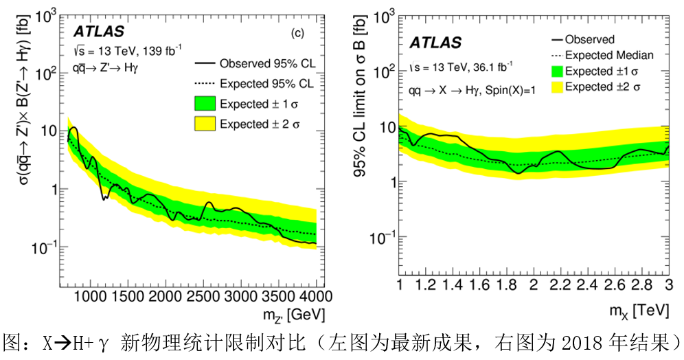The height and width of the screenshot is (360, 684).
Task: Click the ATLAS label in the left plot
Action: tap(99, 32)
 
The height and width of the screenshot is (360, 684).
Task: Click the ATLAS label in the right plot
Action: tap(435, 43)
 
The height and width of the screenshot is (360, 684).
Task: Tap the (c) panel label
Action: tap(297, 32)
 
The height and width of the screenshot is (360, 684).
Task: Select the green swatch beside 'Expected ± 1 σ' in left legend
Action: tap(205, 104)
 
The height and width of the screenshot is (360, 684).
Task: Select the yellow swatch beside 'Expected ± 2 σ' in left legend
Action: tap(205, 124)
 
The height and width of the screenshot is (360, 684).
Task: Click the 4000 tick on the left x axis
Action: tap(316, 296)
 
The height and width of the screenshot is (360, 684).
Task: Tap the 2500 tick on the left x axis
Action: tap(203, 296)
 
